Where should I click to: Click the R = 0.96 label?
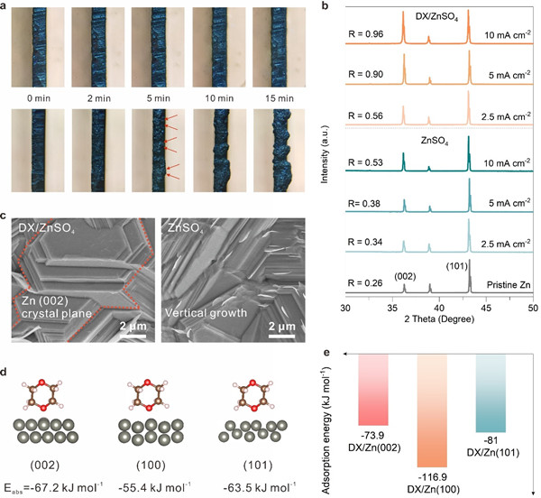365,38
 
